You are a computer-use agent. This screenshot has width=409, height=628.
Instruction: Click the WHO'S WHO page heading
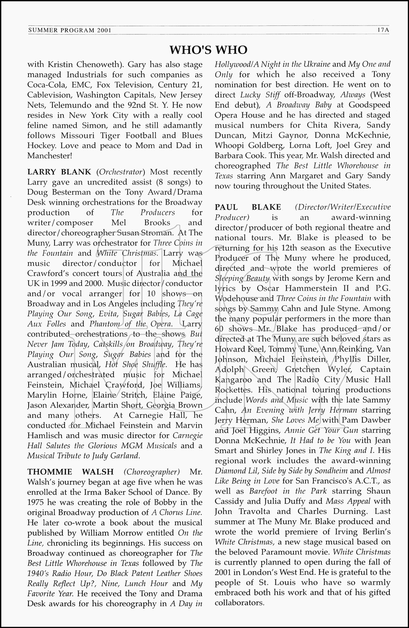[x=208, y=50]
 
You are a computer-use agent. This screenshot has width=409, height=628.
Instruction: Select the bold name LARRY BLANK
[x=59, y=172]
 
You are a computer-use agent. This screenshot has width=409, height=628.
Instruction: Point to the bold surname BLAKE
[x=267, y=207]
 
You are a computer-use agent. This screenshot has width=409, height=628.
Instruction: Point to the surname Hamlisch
[x=44, y=435]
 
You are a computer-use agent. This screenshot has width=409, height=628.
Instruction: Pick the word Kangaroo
[x=234, y=380]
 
